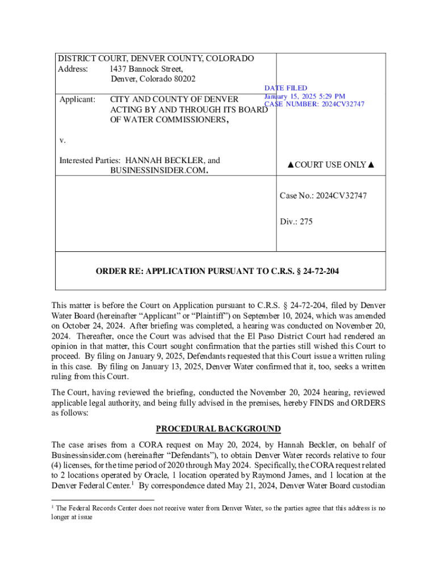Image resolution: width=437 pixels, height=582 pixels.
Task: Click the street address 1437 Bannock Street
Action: (146, 69)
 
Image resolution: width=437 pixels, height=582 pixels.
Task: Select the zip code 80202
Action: (181, 79)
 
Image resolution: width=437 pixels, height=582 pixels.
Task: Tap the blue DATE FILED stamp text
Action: (285, 88)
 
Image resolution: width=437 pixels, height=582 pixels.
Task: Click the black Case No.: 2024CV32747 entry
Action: (323, 196)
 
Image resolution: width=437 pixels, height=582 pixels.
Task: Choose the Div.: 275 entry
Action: (296, 222)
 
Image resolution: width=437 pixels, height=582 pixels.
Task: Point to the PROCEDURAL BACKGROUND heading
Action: (218, 429)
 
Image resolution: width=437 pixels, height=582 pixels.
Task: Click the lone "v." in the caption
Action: (62, 140)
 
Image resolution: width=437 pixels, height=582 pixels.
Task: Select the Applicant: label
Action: (77, 99)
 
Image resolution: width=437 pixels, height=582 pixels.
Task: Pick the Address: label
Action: (73, 69)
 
